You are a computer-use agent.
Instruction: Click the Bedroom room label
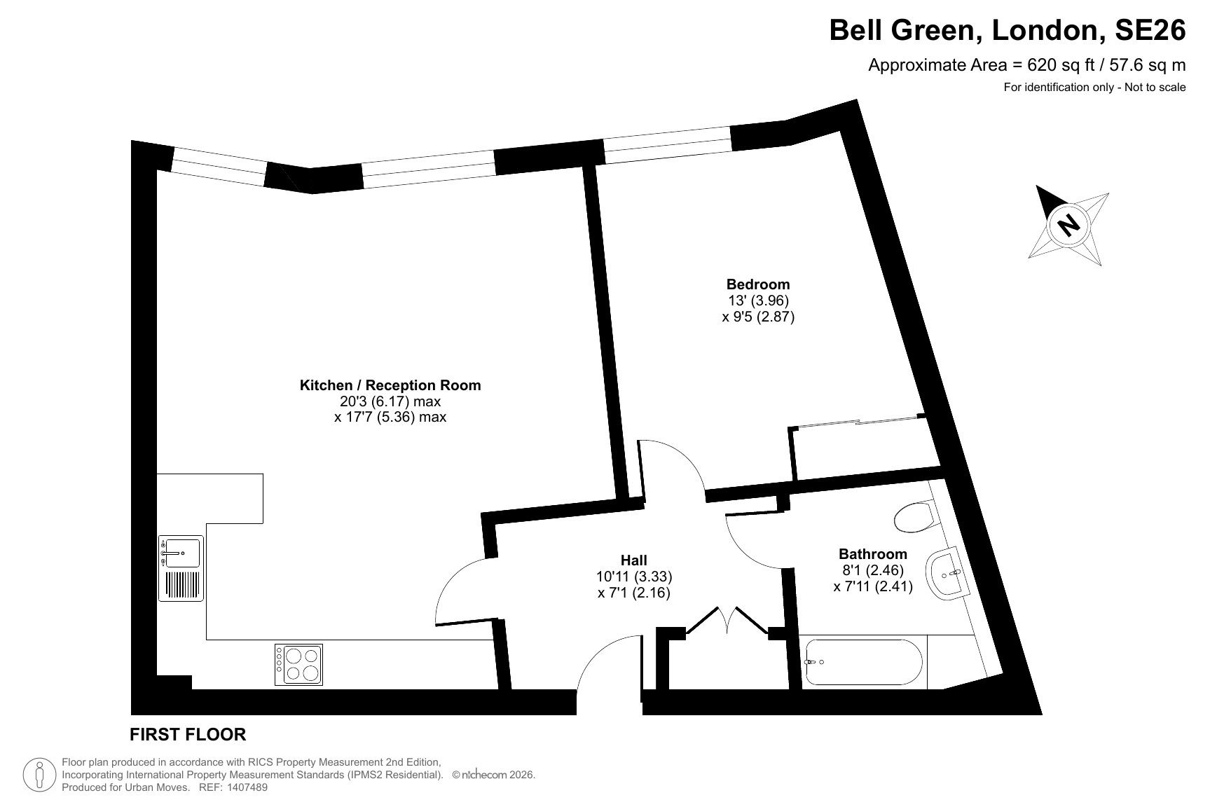[x=758, y=284]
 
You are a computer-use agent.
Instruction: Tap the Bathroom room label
[x=873, y=554]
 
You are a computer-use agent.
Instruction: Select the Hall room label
[x=634, y=560]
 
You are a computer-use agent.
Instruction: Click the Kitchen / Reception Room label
[x=390, y=385]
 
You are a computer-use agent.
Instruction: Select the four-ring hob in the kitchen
[x=299, y=664]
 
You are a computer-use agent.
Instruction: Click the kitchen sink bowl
[x=182, y=552]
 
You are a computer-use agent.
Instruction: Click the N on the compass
[x=1068, y=225]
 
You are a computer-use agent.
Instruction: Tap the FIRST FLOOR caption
[x=188, y=734]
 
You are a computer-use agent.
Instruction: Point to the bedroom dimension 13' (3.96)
[x=759, y=301]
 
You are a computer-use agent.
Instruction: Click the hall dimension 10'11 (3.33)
[x=634, y=577]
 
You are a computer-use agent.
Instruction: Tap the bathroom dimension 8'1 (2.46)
[x=873, y=570]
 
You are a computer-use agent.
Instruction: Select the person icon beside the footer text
[x=39, y=775]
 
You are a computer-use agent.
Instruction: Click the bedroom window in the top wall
[x=667, y=145]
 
